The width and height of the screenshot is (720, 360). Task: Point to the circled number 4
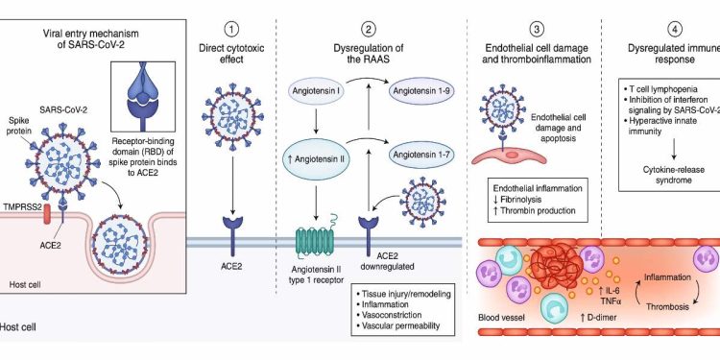(x=649, y=13)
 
